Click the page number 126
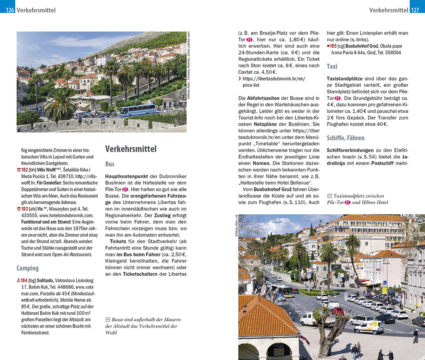[x=10, y=10]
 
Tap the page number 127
[x=415, y=10]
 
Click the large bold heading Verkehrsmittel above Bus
[x=130, y=149]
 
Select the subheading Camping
[x=27, y=268]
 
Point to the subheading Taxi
[x=332, y=66]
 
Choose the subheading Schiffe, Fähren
[x=345, y=138]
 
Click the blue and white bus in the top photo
[x=137, y=110]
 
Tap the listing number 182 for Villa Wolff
[x=24, y=170]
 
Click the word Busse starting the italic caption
[x=119, y=320]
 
